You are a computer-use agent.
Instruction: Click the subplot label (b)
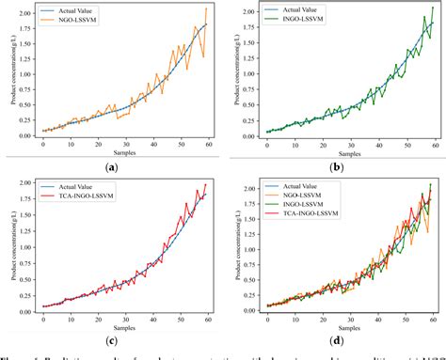[336, 166]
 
